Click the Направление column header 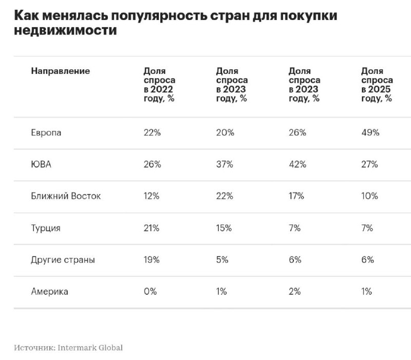coord(61,71)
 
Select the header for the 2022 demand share coord(159,85)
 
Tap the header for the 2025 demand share coord(377,85)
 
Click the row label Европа coord(46,132)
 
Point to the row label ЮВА coord(41,164)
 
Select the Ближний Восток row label coord(66,196)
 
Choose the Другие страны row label coord(63,260)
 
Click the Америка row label coord(49,292)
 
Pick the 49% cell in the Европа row coord(370,132)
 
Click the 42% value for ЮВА coord(297,164)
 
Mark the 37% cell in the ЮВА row coord(225,164)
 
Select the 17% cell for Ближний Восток coord(296,196)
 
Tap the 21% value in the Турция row coord(152,228)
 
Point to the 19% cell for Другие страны coord(152,260)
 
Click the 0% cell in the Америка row coord(150,292)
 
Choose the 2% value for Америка coord(295,292)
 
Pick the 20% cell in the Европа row coord(225,132)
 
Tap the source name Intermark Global coord(90,348)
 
